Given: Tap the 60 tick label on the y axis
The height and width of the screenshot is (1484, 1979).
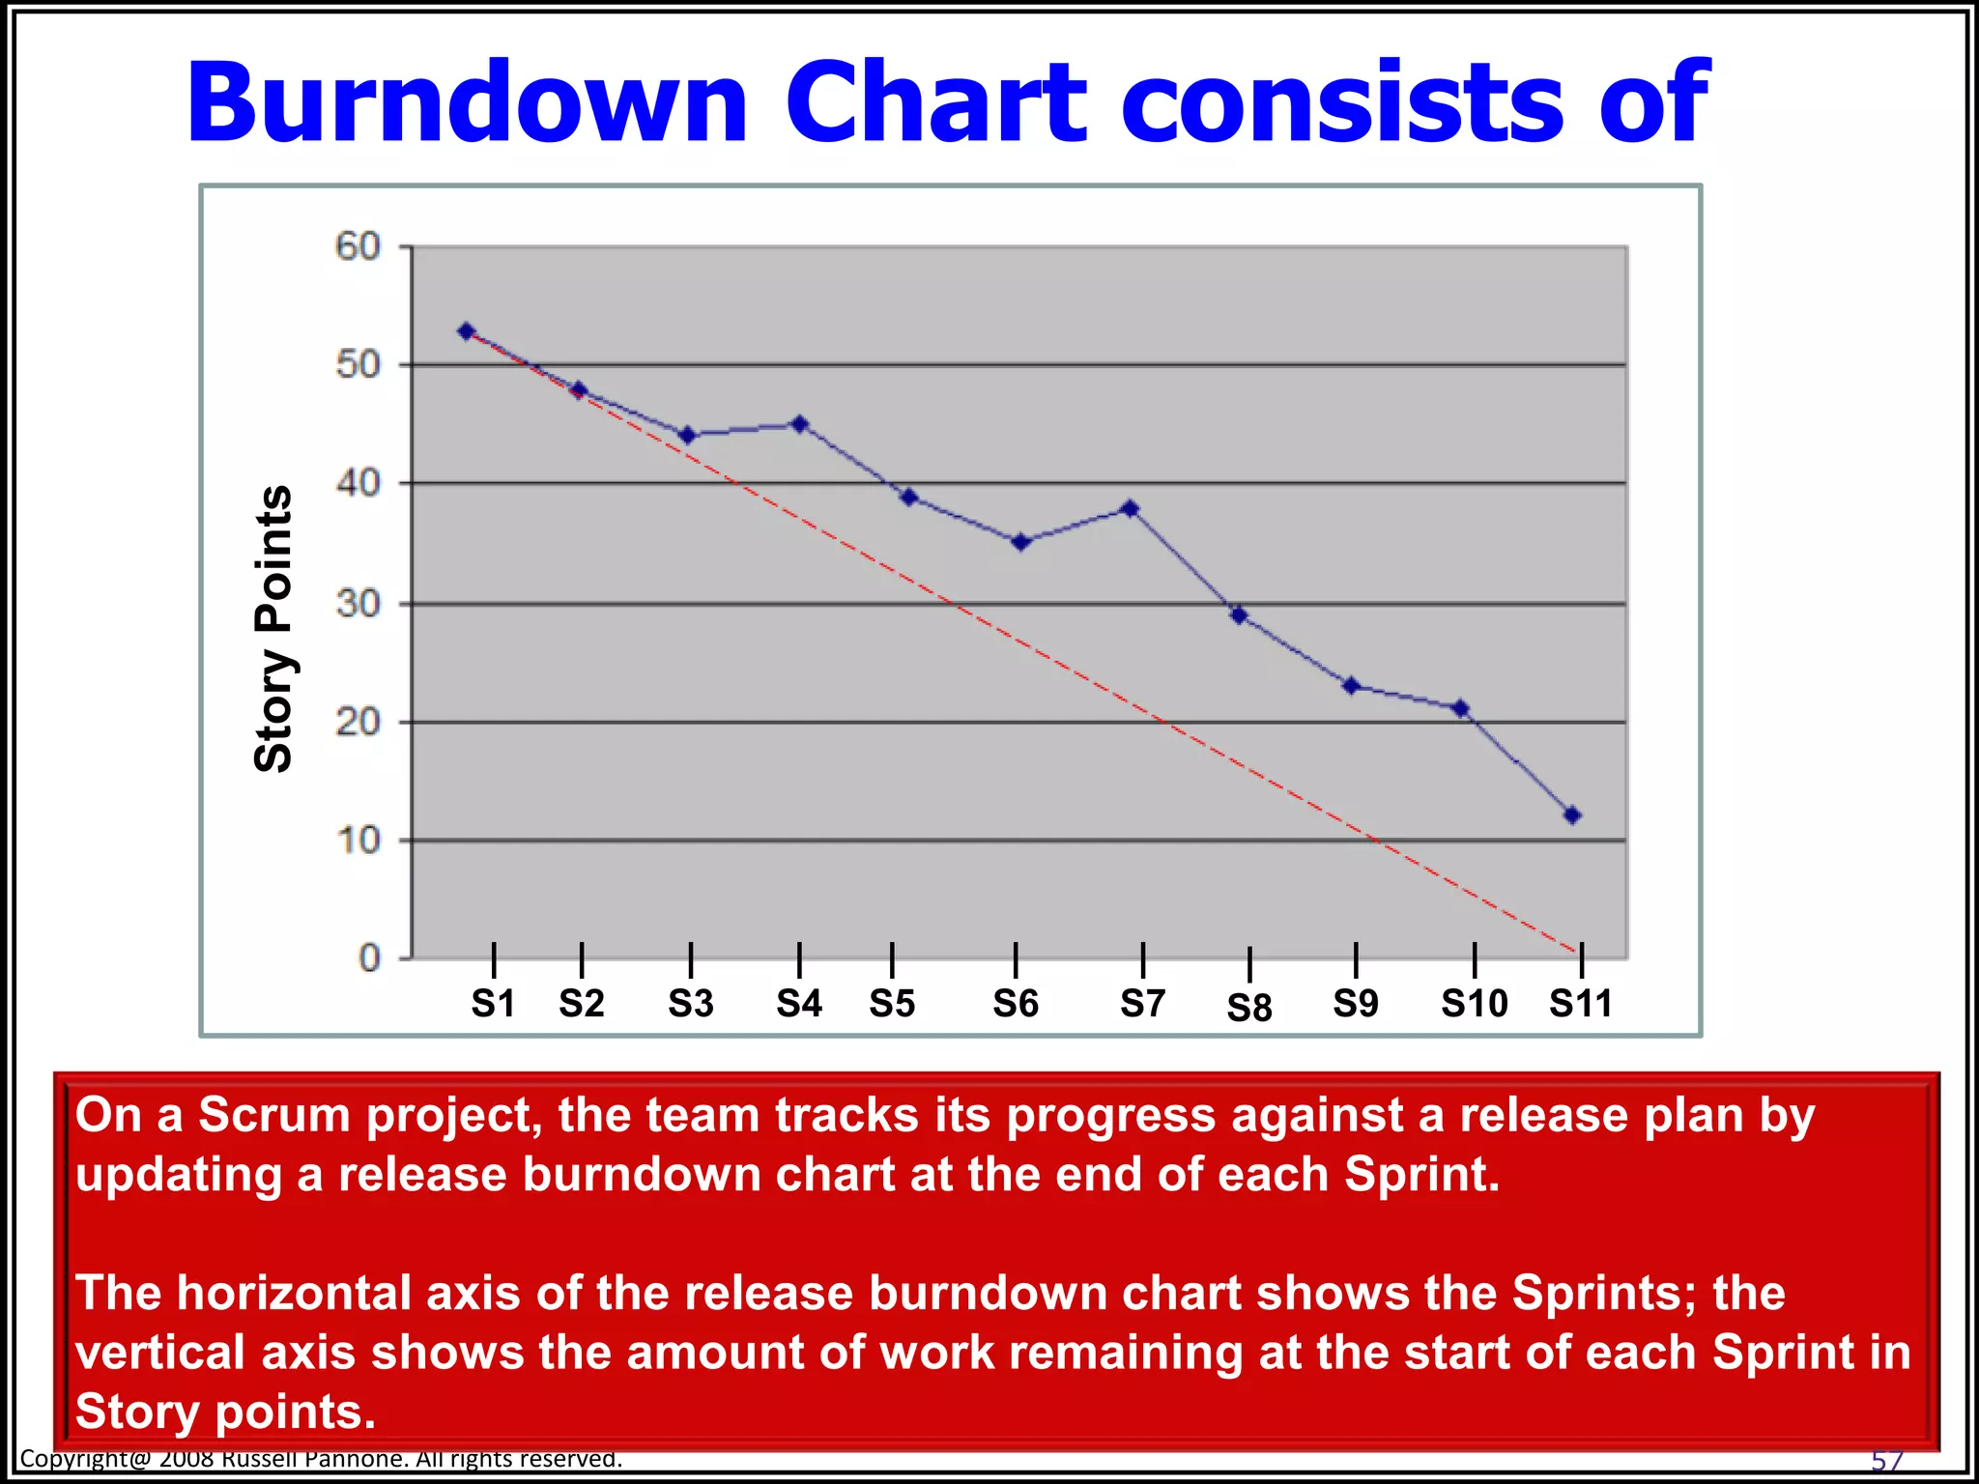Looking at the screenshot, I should [359, 247].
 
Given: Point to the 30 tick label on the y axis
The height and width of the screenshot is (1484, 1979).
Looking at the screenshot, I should [359, 605].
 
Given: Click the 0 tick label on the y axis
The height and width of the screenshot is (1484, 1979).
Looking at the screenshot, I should [370, 958].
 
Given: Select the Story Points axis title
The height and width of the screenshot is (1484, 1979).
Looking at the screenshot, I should [273, 628].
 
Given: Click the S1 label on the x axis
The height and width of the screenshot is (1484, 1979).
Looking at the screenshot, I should [493, 1004].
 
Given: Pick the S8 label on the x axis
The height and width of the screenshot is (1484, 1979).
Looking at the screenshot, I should [1249, 1009].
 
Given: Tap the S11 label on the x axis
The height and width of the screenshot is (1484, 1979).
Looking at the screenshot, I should [1581, 1004].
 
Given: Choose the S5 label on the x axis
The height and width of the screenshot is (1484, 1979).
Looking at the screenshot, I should [892, 1004].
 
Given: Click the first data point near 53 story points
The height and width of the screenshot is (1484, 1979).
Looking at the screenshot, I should [467, 331].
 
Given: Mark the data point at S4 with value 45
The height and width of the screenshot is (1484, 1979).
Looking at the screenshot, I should [799, 424].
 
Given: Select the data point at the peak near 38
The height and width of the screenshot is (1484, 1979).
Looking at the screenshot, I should [1131, 508].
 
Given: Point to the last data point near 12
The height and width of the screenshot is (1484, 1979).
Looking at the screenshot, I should [1572, 815].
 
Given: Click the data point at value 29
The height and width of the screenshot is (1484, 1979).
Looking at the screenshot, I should [1239, 615].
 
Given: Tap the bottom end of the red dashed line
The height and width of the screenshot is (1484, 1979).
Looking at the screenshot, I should [1575, 952].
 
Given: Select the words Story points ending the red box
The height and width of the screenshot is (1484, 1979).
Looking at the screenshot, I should [224, 1412].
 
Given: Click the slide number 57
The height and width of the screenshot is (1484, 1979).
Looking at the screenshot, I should [1887, 1460].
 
